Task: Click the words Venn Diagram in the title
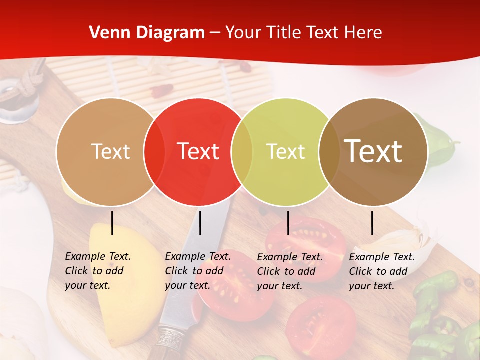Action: tap(147, 33)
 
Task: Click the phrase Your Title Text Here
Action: tap(303, 33)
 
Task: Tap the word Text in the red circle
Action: tap(198, 151)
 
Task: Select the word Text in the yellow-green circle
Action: tap(286, 151)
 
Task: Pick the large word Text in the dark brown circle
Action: tap(373, 151)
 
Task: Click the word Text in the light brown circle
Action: tap(111, 151)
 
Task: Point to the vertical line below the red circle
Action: tap(200, 223)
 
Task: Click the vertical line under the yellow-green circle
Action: tap(288, 223)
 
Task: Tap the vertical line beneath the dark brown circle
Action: tap(372, 223)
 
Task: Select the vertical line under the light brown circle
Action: tap(112, 223)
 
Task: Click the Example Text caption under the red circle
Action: tap(198, 271)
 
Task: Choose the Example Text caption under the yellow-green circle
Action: tap(290, 271)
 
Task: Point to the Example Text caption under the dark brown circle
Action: tap(382, 271)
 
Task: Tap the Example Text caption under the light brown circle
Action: tap(98, 271)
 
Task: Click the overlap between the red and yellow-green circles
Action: tap(242, 151)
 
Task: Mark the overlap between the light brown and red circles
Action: tap(154, 151)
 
